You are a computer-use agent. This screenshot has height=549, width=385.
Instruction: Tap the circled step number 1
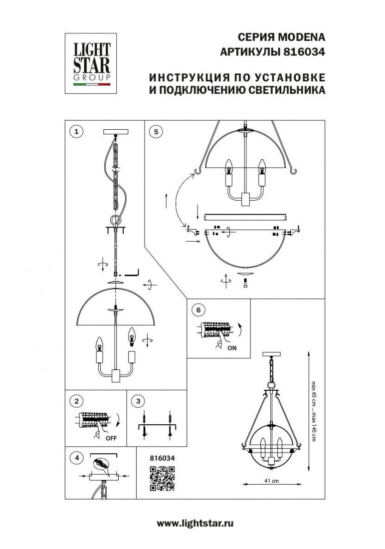tap(76, 131)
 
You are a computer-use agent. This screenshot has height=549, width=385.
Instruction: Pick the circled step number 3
tap(139, 401)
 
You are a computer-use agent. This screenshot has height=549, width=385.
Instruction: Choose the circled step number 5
tap(156, 131)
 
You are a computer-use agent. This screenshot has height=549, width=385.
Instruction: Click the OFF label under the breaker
tap(110, 438)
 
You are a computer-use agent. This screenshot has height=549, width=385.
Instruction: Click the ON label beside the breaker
tap(232, 348)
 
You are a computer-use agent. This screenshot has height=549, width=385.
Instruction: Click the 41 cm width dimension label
tap(271, 481)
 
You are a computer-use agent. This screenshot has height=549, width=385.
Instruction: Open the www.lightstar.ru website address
tap(195, 523)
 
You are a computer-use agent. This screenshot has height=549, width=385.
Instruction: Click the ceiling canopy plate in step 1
tap(115, 132)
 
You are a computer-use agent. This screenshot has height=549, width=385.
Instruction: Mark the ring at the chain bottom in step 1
tap(116, 220)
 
